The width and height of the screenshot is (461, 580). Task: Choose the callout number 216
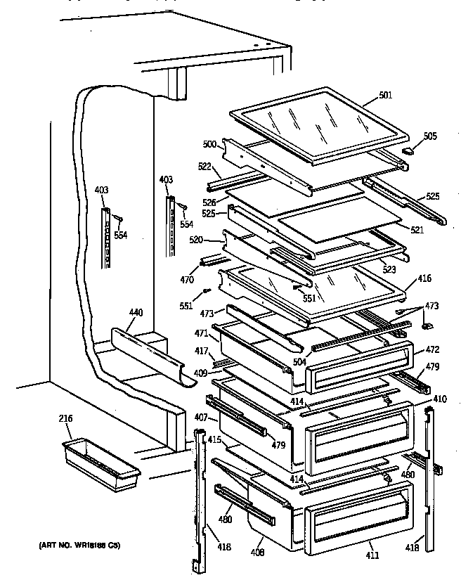coord(65,419)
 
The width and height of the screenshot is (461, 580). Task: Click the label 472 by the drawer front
coord(433,349)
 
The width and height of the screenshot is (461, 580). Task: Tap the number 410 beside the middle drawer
coord(439,399)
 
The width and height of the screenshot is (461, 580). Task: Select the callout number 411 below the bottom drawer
coord(372,555)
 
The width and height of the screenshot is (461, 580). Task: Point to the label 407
coord(201,418)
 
